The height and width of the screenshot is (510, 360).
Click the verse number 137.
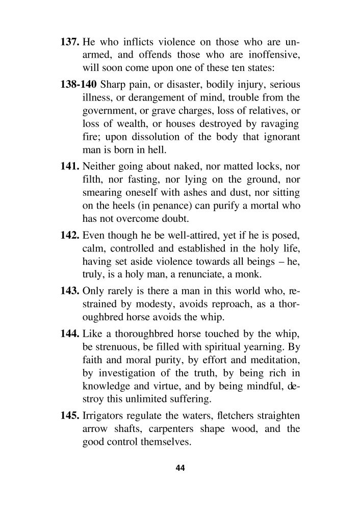coord(70,41)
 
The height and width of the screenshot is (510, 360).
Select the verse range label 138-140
coord(80,84)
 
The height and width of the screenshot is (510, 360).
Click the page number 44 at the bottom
coord(179,468)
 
